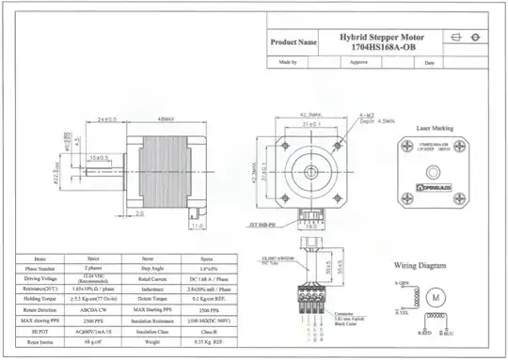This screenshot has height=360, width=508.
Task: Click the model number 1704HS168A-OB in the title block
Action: click(382, 45)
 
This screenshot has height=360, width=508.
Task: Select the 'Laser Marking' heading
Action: click(434, 125)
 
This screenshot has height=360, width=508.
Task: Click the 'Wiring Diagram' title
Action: click(418, 265)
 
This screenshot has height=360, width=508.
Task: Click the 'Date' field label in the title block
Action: click(428, 63)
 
